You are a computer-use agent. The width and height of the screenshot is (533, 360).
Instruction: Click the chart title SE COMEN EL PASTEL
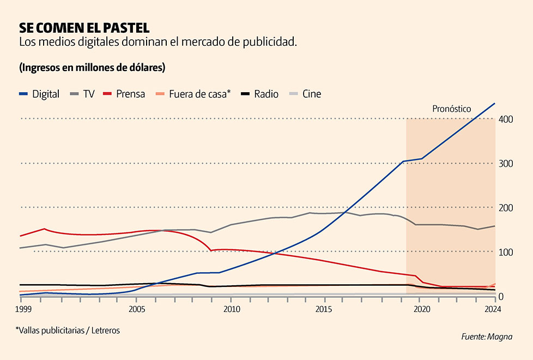(84, 27)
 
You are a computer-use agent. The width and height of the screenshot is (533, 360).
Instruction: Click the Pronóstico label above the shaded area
(451, 109)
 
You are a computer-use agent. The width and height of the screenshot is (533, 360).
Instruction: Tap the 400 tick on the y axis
(506, 119)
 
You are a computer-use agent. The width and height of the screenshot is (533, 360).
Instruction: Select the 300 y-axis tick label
(506, 164)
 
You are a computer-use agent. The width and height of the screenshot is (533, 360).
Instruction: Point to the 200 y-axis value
(506, 208)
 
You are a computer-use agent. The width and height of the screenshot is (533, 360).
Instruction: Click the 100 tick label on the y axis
(506, 252)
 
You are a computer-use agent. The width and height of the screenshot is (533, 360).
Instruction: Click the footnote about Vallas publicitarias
(68, 330)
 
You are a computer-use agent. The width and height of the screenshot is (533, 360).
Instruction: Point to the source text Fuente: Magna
(487, 337)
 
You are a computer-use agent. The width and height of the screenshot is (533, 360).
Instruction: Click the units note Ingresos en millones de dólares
(92, 68)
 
